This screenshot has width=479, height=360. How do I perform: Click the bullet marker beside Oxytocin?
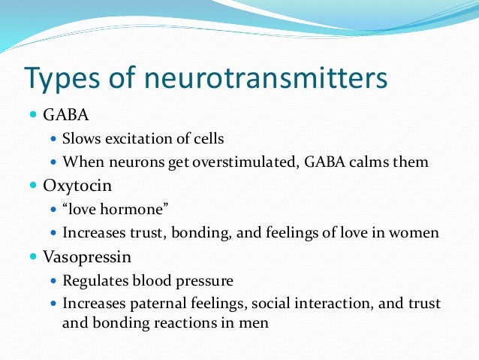(x=33, y=186)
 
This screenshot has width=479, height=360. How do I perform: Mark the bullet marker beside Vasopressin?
(x=33, y=256)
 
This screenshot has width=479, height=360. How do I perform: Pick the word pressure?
(x=203, y=280)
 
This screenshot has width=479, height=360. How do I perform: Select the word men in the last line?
(x=255, y=323)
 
